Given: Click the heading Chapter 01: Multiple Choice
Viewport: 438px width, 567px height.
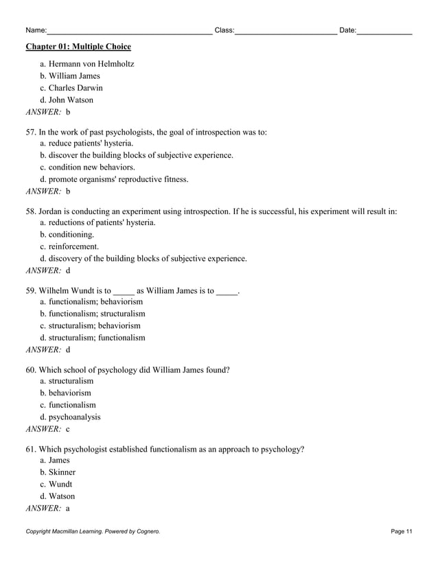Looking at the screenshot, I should pos(78,47).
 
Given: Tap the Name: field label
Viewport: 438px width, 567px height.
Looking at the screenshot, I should pos(36,30).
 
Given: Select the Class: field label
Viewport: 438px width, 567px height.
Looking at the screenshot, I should pos(224,30).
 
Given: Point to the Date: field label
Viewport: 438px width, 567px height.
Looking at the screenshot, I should pos(348,30).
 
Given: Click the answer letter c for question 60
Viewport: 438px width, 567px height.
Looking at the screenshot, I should pos(68,429).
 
